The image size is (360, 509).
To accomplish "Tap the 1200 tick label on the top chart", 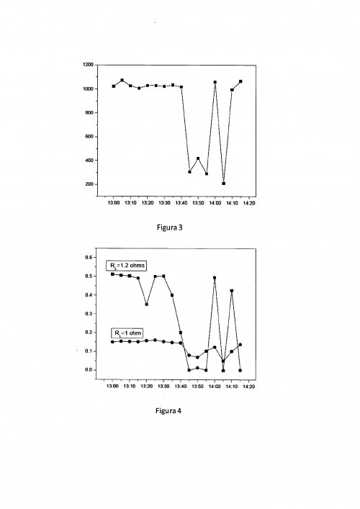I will point(89,65).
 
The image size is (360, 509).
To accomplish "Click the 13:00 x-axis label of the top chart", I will point(113,204).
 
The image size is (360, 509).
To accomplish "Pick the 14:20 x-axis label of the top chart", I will point(248,204).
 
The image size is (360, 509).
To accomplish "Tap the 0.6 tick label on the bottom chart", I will point(90,258).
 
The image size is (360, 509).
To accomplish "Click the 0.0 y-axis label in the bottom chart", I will point(90,370).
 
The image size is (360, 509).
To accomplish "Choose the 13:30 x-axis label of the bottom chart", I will point(163,387).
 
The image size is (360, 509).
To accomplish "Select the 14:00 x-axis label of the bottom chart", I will point(215,387).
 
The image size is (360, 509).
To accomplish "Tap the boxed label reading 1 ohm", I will point(127,333).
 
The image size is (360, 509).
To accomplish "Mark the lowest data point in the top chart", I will point(223,184).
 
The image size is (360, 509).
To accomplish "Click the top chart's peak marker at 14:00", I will point(215,82).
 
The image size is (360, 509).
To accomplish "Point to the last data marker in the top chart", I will point(240,81).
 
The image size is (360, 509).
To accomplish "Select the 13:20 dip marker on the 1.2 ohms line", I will point(147,305).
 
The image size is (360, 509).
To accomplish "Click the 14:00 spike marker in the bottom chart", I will point(215,278).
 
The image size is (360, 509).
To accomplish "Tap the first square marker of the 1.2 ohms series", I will point(113,274).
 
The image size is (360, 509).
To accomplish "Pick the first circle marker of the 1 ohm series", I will point(113,342).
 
